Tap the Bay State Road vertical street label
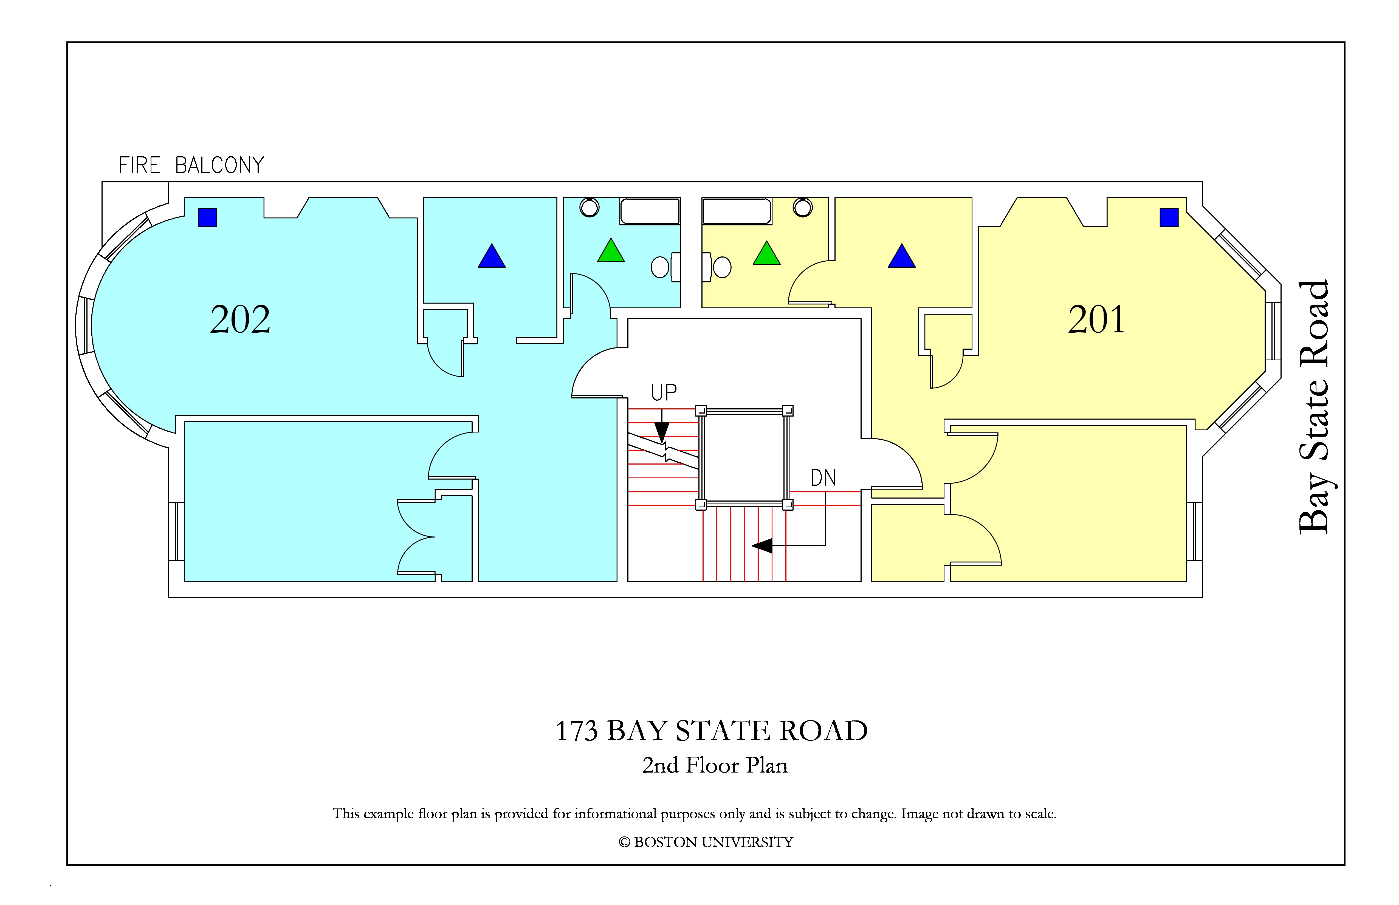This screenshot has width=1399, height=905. click(x=1314, y=407)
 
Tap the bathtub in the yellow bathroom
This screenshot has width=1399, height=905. click(x=737, y=211)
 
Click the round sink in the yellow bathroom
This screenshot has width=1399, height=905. click(x=802, y=207)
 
